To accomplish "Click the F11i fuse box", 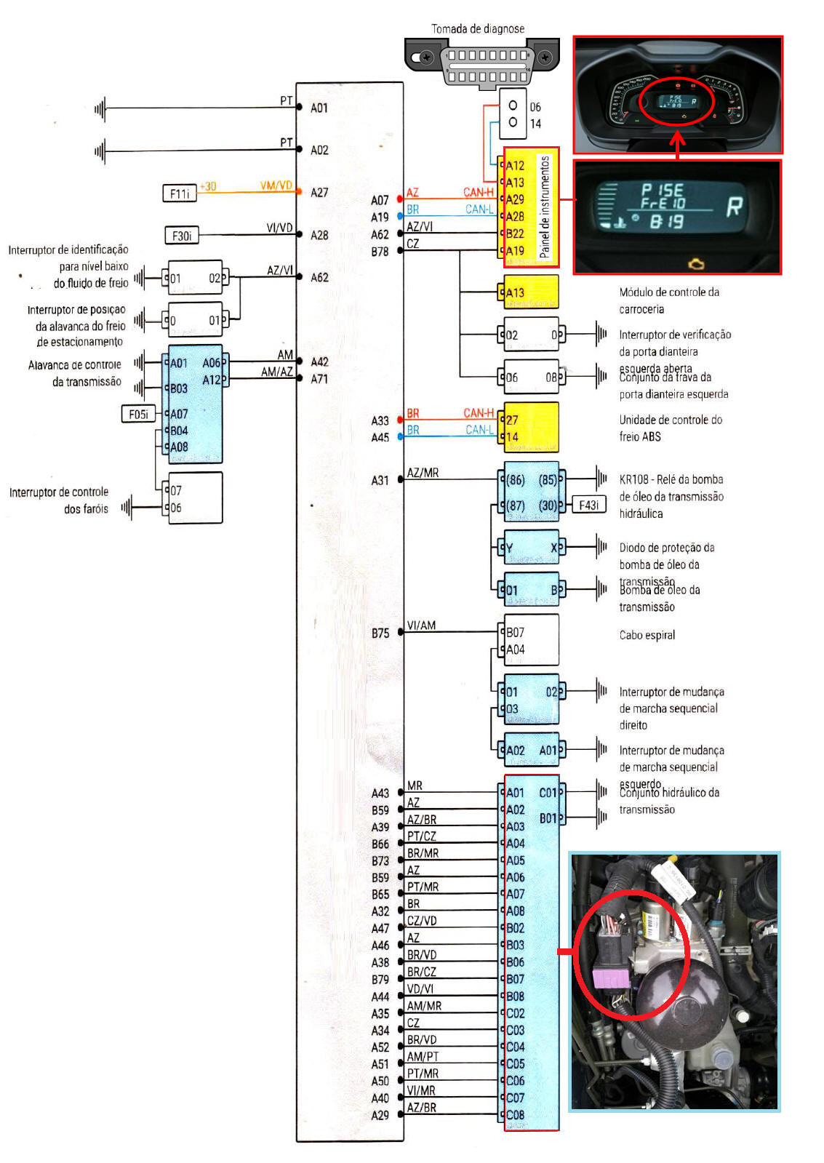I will coord(179,193).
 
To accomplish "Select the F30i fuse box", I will coord(182,236).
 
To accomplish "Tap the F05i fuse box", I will coord(138,415).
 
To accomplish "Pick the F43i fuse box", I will coord(588,505).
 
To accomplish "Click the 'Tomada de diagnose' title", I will coord(478,29).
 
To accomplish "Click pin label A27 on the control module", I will coord(319,193).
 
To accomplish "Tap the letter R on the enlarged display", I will coord(735,207).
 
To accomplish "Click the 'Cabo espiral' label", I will coord(647,635).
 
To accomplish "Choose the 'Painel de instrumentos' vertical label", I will coord(545,207).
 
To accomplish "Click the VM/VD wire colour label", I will coord(276,186).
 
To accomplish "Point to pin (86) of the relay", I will coord(516,480).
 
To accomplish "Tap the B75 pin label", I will coord(380,634).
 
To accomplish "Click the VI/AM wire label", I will coord(421,626).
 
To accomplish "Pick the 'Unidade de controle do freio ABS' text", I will coord(670,428).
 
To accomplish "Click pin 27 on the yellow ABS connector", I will coord(512,420).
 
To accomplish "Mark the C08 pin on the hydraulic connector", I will coord(515,1115).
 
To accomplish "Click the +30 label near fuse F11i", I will coord(208,186).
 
